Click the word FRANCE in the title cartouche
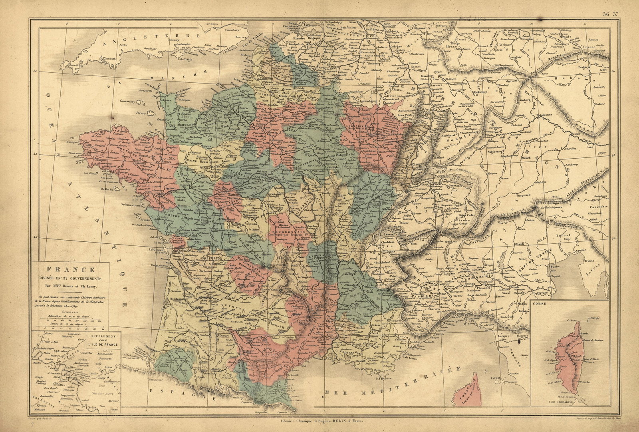click(71, 270)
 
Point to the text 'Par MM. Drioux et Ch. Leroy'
click(71, 285)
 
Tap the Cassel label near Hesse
click(461, 40)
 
